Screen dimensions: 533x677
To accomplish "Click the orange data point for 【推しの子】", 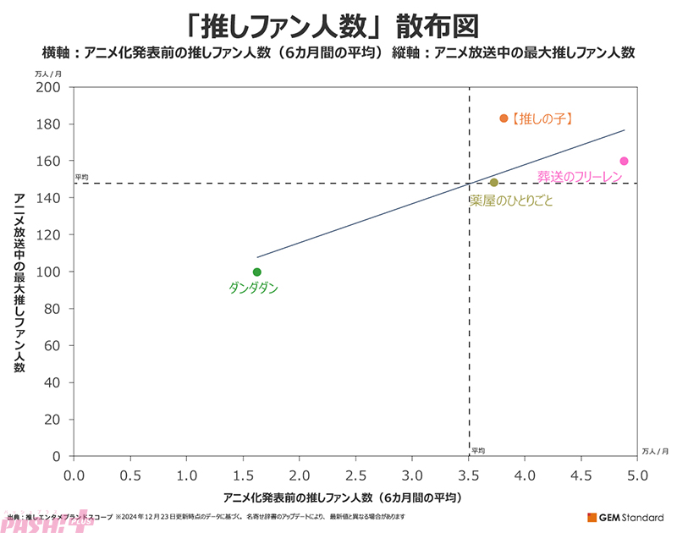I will [x=504, y=118].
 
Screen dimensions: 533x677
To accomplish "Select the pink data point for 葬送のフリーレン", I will [x=625, y=161].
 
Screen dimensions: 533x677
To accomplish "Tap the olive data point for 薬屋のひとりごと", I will [x=493, y=183].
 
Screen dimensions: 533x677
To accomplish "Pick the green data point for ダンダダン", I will [x=257, y=272].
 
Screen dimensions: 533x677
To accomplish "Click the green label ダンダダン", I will [x=253, y=288].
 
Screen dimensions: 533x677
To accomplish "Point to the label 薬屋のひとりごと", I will [x=510, y=201].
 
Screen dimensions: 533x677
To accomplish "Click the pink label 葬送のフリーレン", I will [x=581, y=176].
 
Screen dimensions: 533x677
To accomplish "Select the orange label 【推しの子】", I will [x=542, y=119].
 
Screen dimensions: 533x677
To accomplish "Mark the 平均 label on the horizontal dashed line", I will [x=81, y=178].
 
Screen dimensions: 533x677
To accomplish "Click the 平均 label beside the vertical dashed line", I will [x=478, y=451].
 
